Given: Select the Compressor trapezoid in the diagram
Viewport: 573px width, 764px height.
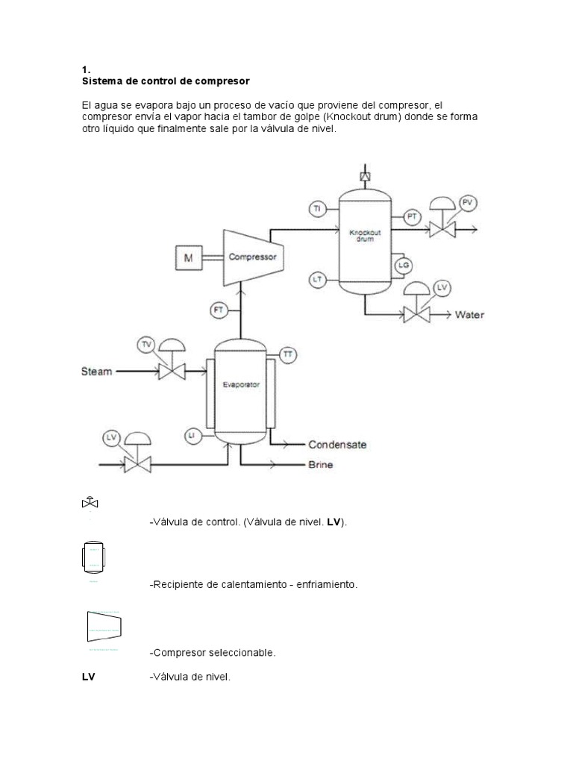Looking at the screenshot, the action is coord(252,256).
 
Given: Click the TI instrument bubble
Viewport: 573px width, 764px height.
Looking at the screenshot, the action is coord(316,209).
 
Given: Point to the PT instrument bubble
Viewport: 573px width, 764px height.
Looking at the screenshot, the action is coord(412,216).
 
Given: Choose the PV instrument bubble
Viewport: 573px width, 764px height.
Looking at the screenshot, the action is coord(467,203).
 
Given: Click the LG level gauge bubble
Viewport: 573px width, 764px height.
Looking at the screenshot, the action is coord(404,264).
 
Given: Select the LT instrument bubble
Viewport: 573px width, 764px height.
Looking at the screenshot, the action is coord(317,279).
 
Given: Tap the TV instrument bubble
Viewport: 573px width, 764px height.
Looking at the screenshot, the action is coord(146,344).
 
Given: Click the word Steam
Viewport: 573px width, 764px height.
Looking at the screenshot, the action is coord(97,371).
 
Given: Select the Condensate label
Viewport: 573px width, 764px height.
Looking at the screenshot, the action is coord(337,445).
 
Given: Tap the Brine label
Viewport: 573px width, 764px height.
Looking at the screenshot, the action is coord(321,465).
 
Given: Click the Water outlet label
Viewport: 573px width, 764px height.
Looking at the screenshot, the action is coord(469,315).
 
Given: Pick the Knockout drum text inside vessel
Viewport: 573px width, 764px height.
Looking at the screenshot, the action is coord(365,236).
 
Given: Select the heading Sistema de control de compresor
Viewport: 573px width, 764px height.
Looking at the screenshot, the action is coord(166,80).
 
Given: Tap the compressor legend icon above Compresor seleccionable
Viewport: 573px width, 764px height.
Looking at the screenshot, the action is coord(104,626).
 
